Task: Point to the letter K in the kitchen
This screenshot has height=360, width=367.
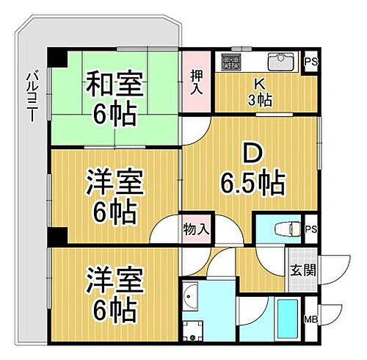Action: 260,84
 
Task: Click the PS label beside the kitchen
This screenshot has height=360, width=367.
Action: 311,62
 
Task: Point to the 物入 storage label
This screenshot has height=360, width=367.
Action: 196,229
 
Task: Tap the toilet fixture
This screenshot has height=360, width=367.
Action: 283,228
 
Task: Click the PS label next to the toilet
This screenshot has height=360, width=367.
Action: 311,228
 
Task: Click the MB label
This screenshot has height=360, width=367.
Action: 310,319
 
